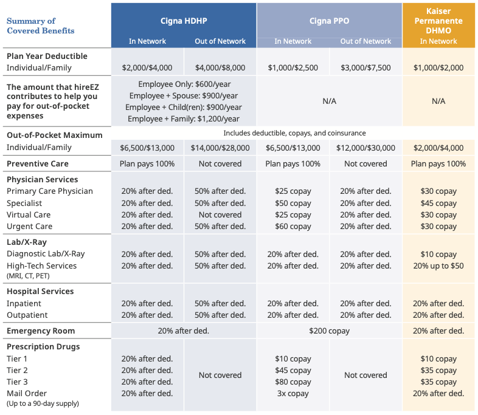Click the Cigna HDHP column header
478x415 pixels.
pyautogui.click(x=184, y=21)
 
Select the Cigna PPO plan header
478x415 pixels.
pyautogui.click(x=329, y=21)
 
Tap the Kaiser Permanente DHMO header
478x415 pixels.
pyautogui.click(x=438, y=21)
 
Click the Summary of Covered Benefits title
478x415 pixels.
pyautogui.click(x=41, y=26)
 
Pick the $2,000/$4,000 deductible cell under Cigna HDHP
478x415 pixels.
pyautogui.click(x=147, y=67)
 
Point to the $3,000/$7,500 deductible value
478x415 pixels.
pyautogui.click(x=365, y=67)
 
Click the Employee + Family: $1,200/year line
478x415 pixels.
pyautogui.click(x=184, y=118)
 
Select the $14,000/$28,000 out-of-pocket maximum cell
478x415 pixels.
pyautogui.click(x=220, y=148)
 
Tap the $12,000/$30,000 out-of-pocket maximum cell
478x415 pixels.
pyautogui.click(x=365, y=148)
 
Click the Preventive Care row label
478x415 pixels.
pyautogui.click(x=38, y=164)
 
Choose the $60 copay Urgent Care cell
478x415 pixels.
pyautogui.click(x=293, y=227)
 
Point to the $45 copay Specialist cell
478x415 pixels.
pyautogui.click(x=438, y=203)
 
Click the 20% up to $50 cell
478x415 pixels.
pyautogui.click(x=438, y=266)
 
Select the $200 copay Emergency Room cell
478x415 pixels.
pyautogui.click(x=329, y=331)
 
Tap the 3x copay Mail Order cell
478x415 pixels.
pyautogui.click(x=293, y=394)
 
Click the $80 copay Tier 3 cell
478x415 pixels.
pyautogui.click(x=293, y=382)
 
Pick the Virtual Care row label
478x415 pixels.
pyautogui.click(x=29, y=215)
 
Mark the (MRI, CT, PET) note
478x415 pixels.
pyautogui.click(x=28, y=276)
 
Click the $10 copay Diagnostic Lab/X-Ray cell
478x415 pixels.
pyautogui.click(x=438, y=254)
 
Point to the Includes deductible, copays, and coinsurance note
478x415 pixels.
pyautogui.click(x=294, y=133)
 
